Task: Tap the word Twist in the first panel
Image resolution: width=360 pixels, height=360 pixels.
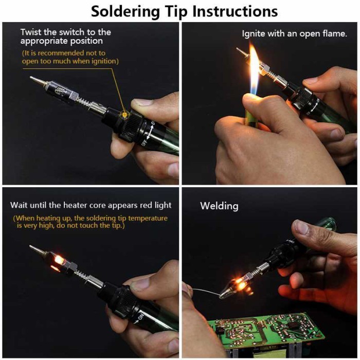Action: point(31,32)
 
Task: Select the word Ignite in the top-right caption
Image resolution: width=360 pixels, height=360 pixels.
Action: point(255,34)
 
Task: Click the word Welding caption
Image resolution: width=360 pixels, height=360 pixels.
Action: point(219,206)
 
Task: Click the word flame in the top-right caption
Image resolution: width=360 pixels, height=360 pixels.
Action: point(335,34)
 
